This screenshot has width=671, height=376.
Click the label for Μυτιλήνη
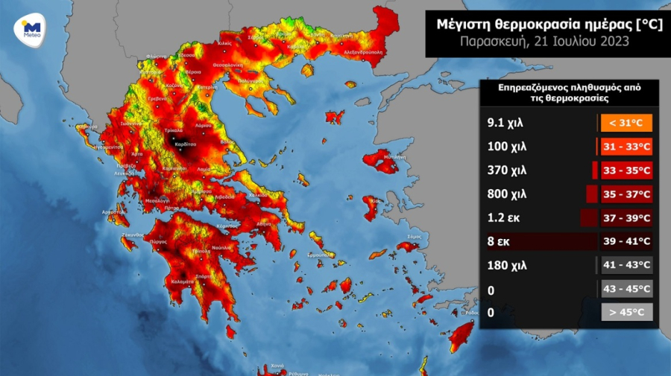pos(396,158)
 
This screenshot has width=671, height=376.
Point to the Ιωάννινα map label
pos(112,124)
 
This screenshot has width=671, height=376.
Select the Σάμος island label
pos(415,237)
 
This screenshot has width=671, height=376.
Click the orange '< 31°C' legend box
pos(626,123)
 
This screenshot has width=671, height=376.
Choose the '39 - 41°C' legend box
pos(626,241)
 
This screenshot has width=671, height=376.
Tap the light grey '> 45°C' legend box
pos(626,312)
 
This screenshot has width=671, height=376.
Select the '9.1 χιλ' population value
pos(505,123)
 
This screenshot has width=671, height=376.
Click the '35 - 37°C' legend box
pos(626,194)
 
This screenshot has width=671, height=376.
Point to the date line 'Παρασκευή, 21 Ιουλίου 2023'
pos(544,41)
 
